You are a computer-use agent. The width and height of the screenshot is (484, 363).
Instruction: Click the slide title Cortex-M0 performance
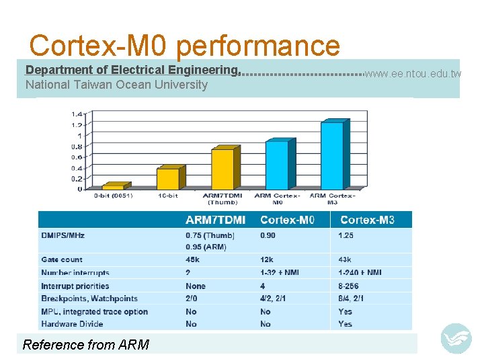pyautogui.click(x=185, y=46)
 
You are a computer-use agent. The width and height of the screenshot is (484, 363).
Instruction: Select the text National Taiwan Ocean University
pyautogui.click(x=116, y=85)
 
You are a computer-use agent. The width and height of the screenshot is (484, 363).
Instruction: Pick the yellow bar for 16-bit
pyautogui.click(x=168, y=178)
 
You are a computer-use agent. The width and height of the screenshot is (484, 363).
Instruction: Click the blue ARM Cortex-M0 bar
pyautogui.click(x=277, y=164)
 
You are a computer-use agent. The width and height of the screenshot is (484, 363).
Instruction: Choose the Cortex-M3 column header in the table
pyautogui.click(x=367, y=220)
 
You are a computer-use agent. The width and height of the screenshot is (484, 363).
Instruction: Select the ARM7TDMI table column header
pyautogui.click(x=215, y=220)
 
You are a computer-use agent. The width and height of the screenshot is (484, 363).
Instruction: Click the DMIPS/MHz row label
pyautogui.click(x=63, y=235)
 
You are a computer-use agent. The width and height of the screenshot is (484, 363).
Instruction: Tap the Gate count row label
pyautogui.click(x=62, y=259)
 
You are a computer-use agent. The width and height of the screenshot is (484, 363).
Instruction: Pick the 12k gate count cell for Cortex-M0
pyautogui.click(x=267, y=259)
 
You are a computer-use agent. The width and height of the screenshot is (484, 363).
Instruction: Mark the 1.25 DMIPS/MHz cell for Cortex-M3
pyautogui.click(x=346, y=235)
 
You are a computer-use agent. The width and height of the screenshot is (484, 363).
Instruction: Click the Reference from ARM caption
pyautogui.click(x=86, y=345)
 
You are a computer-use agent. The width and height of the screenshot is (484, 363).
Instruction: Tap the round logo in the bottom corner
pyautogui.click(x=456, y=338)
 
